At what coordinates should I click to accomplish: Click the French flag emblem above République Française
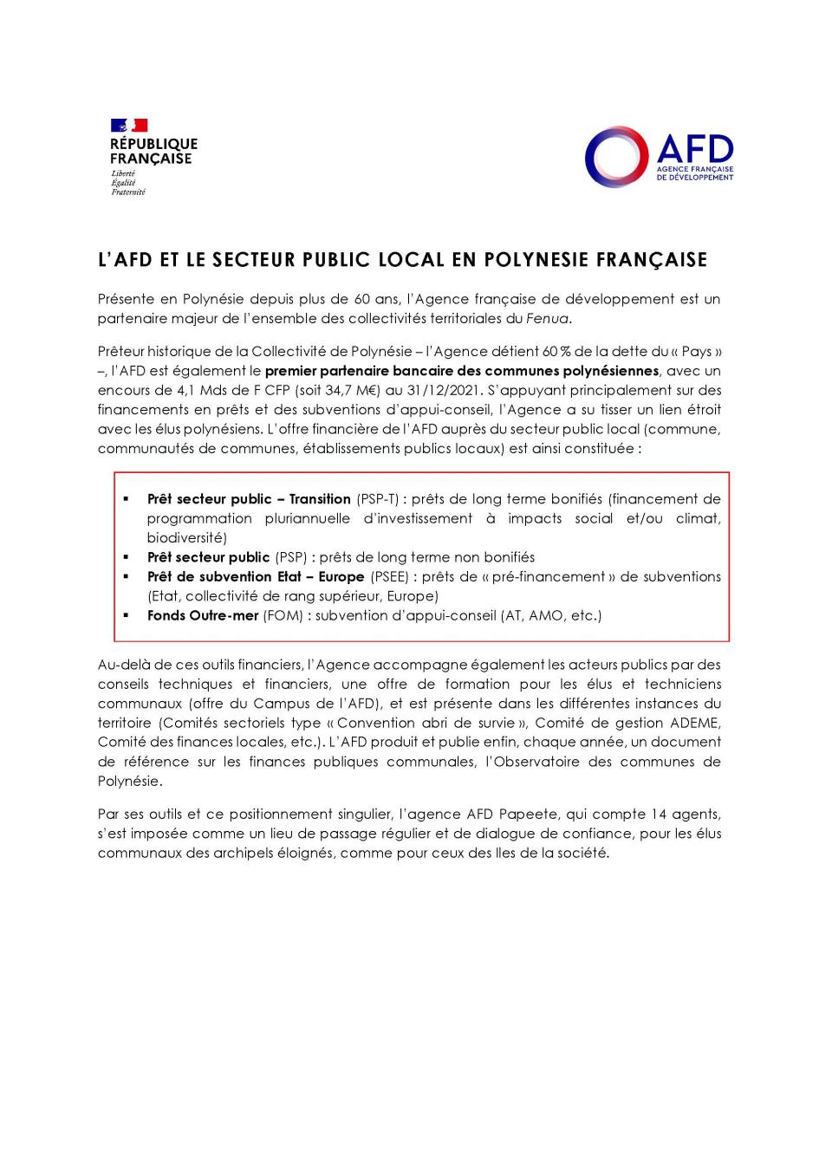click(128, 126)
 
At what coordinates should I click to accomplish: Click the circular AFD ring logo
click(617, 157)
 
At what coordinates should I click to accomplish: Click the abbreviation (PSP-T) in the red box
click(378, 499)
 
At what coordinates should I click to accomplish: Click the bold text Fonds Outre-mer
click(203, 615)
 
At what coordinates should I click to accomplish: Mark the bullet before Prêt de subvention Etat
click(126, 576)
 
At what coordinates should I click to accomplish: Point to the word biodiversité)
click(186, 538)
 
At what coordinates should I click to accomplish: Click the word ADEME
click(695, 723)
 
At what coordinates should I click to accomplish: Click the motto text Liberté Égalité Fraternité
click(127, 183)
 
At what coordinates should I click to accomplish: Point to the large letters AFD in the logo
click(694, 148)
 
